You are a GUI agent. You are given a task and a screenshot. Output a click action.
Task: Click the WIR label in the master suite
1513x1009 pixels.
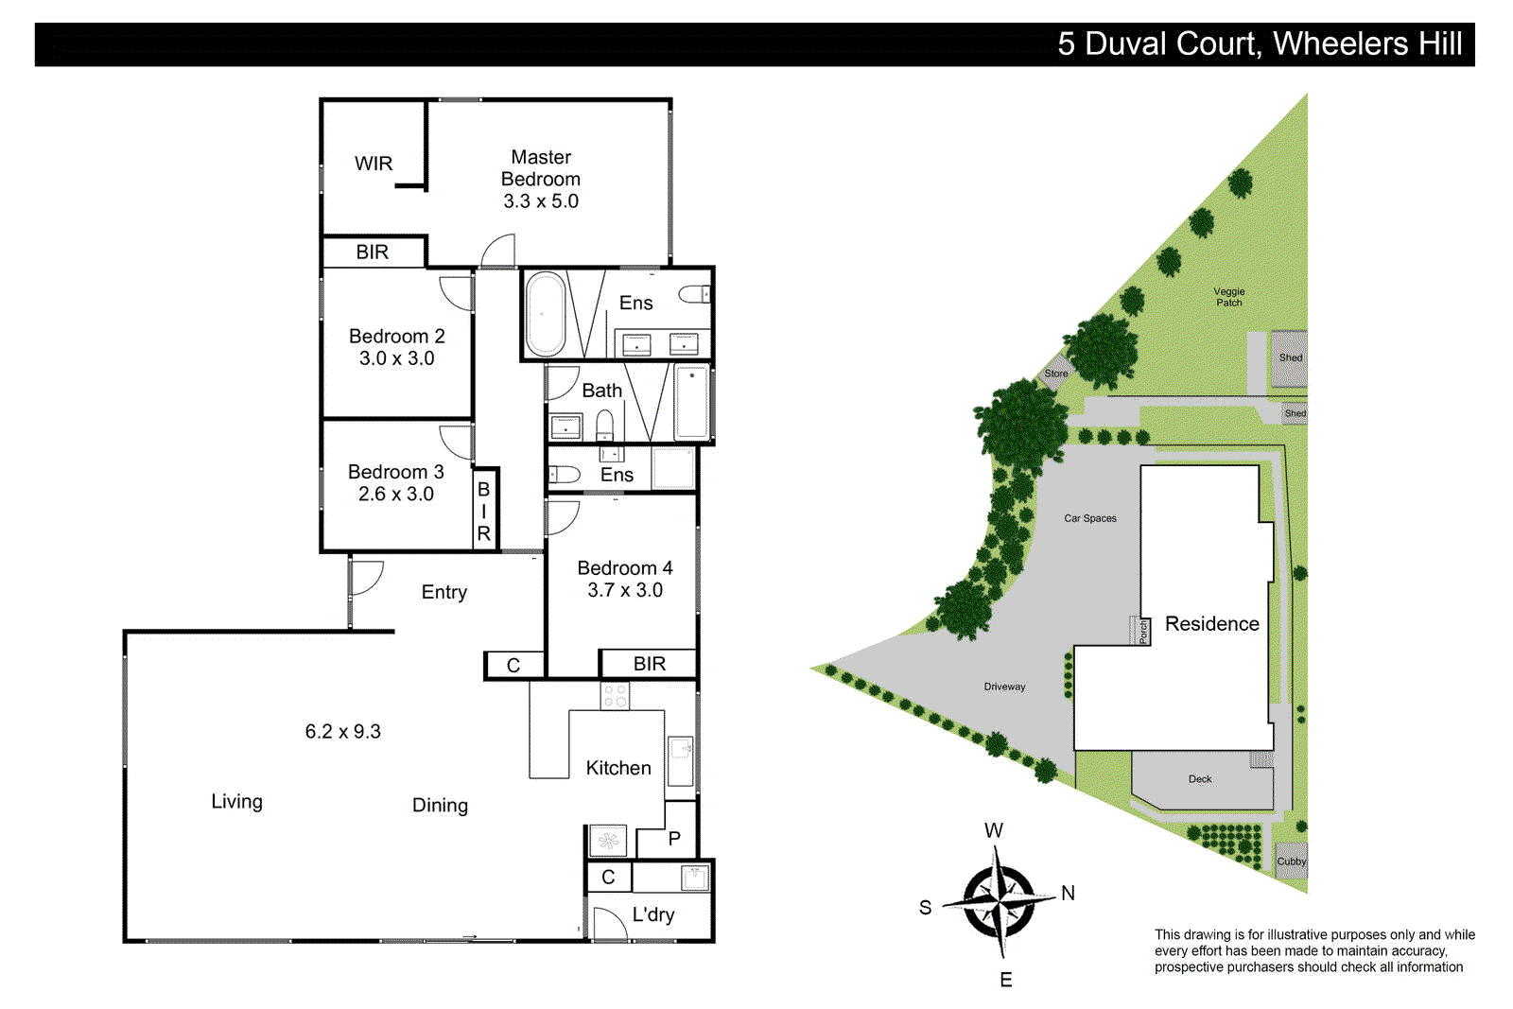(374, 164)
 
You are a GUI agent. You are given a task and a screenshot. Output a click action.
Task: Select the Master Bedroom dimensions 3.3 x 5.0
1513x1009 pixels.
(541, 201)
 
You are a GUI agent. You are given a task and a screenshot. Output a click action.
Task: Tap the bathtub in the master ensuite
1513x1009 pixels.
(545, 314)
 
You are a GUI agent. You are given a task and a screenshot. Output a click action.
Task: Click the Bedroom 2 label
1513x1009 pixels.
(396, 337)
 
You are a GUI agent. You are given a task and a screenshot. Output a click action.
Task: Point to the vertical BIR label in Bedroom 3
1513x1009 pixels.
(484, 512)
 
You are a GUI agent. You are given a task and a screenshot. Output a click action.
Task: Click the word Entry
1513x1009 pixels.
(443, 592)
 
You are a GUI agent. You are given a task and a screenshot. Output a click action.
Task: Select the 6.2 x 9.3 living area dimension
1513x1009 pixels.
(342, 732)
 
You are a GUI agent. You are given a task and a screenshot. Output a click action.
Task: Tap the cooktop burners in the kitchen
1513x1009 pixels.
(615, 696)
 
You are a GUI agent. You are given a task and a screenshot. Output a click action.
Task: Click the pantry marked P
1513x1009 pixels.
(674, 839)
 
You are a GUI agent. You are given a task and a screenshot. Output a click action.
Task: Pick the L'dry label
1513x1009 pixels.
(653, 914)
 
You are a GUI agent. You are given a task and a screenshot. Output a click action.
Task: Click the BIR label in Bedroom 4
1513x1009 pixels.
(649, 664)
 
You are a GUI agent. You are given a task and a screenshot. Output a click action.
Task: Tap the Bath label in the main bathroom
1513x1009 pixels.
(601, 391)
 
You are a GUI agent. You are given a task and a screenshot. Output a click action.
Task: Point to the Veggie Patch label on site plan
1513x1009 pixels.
(1229, 297)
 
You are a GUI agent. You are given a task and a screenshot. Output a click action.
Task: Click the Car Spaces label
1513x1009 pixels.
(1089, 518)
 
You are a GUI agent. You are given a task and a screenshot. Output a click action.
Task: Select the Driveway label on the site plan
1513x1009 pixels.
(1004, 687)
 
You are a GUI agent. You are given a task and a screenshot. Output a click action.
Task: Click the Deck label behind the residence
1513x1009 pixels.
(1199, 779)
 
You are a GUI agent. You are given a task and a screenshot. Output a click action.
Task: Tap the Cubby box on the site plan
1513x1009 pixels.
(1291, 861)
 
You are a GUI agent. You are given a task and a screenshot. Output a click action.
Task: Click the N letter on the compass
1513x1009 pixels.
(1068, 893)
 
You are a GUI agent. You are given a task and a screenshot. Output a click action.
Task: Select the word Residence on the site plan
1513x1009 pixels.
(1211, 624)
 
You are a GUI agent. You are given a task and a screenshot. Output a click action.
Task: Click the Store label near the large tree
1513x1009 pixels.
(1055, 374)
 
